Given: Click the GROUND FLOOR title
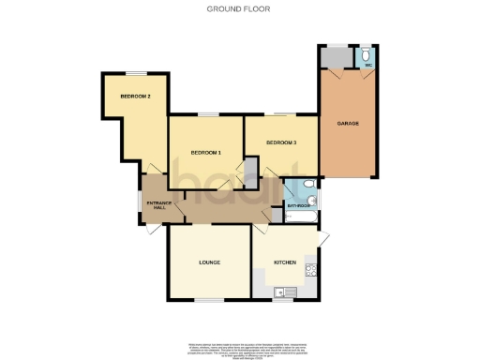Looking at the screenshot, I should [x=240, y=8].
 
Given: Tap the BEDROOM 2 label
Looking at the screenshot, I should [x=136, y=97].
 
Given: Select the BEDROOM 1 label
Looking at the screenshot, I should [x=205, y=152].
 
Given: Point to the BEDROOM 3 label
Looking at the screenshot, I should [x=280, y=142].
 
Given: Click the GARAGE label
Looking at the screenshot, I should [x=349, y=123].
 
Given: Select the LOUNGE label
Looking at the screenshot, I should [x=209, y=262].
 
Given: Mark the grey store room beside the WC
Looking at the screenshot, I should [x=335, y=57].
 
